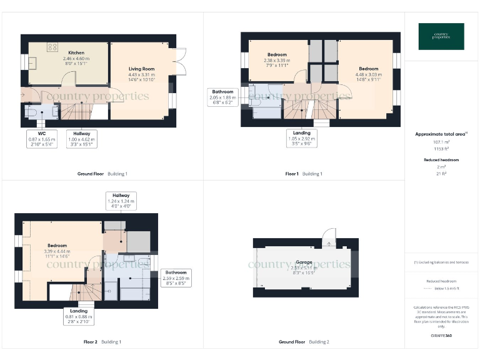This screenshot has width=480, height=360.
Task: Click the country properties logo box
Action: pyautogui.click(x=441, y=36)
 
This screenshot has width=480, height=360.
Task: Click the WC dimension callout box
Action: pyautogui.click(x=42, y=138)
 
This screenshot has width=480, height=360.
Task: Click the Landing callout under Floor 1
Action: pyautogui.click(x=302, y=137)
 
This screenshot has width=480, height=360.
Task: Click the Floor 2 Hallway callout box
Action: pyautogui.click(x=121, y=200)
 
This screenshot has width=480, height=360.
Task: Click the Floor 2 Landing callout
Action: pyautogui.click(x=79, y=316)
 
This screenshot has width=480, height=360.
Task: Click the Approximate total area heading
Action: pyautogui.click(x=441, y=134)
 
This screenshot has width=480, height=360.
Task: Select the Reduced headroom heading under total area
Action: pyautogui.click(x=441, y=160)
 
